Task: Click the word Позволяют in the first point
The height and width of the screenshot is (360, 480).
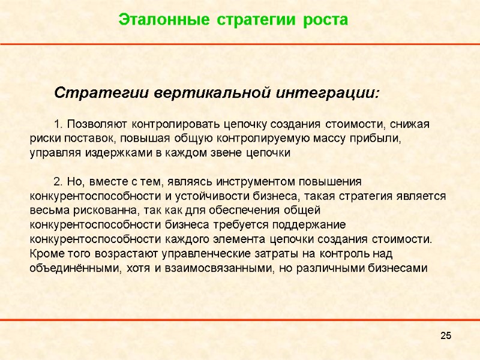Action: (98, 124)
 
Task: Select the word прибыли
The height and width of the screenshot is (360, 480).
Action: (377, 139)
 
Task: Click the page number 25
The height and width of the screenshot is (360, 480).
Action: (445, 335)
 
